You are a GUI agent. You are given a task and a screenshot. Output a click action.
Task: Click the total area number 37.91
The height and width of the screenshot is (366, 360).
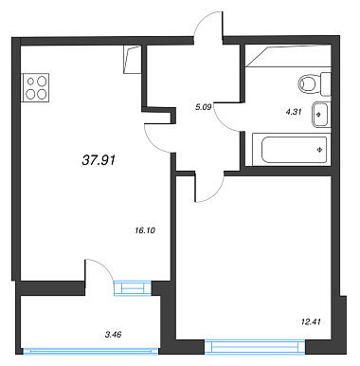(x=99, y=160)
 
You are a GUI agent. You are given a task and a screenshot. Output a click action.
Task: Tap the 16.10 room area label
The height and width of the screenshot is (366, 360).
(x=145, y=230)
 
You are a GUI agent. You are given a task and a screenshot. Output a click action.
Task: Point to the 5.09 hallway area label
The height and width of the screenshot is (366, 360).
(x=203, y=107)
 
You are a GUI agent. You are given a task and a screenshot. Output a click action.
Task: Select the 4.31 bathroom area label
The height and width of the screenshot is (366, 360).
(x=294, y=112)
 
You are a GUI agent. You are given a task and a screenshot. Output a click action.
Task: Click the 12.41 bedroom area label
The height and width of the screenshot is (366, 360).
(x=311, y=322)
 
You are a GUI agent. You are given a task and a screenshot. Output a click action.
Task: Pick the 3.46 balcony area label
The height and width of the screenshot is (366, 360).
(x=113, y=334)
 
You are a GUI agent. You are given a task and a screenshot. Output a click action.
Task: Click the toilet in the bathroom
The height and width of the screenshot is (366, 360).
(x=315, y=84)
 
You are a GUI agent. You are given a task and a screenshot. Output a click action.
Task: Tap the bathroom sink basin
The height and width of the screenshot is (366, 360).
(x=321, y=115)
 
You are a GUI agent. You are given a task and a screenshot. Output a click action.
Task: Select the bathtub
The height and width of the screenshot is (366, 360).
(x=294, y=150)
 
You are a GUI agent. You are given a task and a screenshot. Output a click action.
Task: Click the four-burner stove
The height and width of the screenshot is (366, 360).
(x=35, y=87)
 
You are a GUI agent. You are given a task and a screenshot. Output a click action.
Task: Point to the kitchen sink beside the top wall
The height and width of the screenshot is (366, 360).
(x=132, y=60)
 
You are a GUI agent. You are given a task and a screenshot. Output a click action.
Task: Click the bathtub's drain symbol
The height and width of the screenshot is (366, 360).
(x=319, y=150)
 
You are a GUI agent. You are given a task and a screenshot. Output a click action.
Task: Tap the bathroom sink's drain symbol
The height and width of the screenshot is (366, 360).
(x=318, y=114)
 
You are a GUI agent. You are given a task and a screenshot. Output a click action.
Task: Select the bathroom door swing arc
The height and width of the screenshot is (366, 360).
(x=221, y=122)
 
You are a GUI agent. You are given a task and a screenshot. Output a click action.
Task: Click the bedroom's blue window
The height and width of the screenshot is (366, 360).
(x=255, y=347)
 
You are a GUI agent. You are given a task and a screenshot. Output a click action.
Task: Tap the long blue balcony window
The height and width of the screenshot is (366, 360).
(x=91, y=351)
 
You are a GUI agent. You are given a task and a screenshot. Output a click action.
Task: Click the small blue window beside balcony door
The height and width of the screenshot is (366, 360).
(x=133, y=288)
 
